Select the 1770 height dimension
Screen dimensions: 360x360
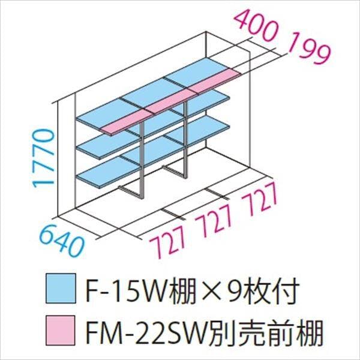44,158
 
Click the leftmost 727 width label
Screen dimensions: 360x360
168,242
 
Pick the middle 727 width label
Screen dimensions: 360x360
214,220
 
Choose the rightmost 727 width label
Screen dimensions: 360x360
260,199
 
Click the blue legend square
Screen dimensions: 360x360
61,289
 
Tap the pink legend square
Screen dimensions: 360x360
61,331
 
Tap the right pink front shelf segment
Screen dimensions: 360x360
215,80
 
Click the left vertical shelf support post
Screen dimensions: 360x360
142,160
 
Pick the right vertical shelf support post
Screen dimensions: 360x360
186,139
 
